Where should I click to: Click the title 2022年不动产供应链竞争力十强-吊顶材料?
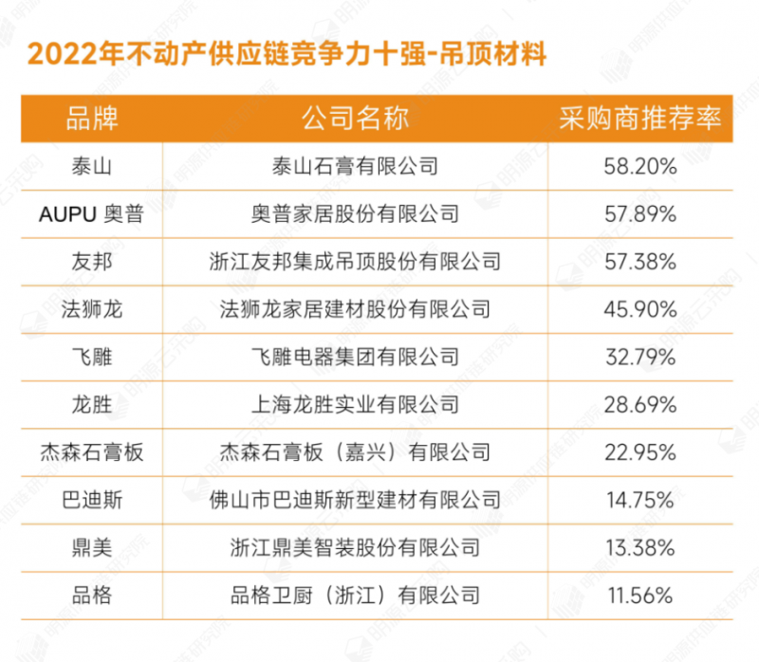click(x=287, y=54)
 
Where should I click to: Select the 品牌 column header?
click(x=92, y=119)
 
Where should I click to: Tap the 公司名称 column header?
click(x=355, y=119)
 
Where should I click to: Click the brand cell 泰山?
click(x=92, y=167)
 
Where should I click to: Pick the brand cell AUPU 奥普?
click(x=92, y=214)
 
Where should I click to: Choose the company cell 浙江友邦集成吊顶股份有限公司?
click(x=355, y=262)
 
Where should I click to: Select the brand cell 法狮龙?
click(x=92, y=309)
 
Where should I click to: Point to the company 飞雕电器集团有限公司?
click(x=355, y=358)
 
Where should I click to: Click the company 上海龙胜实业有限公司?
click(x=355, y=405)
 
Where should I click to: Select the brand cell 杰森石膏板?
click(x=92, y=452)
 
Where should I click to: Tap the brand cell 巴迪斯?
click(x=92, y=500)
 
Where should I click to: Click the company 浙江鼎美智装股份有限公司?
click(x=355, y=548)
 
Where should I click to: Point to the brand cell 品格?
click(x=92, y=596)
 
